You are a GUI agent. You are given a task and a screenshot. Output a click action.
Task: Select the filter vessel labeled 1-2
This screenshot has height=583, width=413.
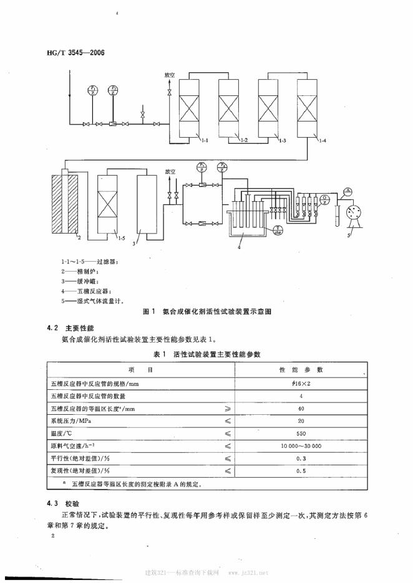(230, 108)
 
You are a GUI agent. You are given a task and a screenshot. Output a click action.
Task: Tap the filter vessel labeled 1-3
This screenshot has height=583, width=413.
(270, 108)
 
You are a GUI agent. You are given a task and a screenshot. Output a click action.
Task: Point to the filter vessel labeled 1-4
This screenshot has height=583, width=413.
(309, 108)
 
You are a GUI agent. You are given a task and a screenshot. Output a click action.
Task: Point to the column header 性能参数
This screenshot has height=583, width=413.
(320, 369)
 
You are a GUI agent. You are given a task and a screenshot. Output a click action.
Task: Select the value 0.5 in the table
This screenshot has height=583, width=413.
(320, 471)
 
